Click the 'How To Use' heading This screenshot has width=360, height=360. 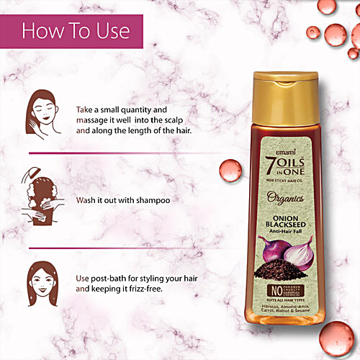tap(76, 31)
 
